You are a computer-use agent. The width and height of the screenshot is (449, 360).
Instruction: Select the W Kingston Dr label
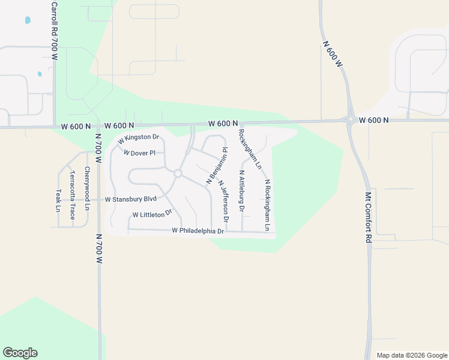138,139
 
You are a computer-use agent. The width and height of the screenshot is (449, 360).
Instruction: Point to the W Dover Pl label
139,153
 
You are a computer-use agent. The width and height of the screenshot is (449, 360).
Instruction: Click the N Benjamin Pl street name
217,165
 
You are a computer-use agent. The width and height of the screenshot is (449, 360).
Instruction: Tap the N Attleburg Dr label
241,191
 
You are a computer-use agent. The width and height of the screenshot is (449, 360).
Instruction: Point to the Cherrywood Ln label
87,188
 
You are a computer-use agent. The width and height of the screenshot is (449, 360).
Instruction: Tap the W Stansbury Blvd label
130,199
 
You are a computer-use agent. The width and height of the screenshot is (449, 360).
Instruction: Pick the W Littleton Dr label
152,214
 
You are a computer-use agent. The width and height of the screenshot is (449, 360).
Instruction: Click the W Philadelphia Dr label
197,230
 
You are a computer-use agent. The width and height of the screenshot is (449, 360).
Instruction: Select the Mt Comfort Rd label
369,217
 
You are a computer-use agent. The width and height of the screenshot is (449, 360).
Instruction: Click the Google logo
20,353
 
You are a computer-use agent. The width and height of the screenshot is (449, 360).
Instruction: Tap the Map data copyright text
411,355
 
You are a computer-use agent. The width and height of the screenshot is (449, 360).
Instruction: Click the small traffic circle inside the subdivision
178,173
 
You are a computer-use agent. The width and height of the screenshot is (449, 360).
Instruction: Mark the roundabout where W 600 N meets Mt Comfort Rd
350,119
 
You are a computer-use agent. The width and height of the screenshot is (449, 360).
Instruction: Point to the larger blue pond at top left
28,20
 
